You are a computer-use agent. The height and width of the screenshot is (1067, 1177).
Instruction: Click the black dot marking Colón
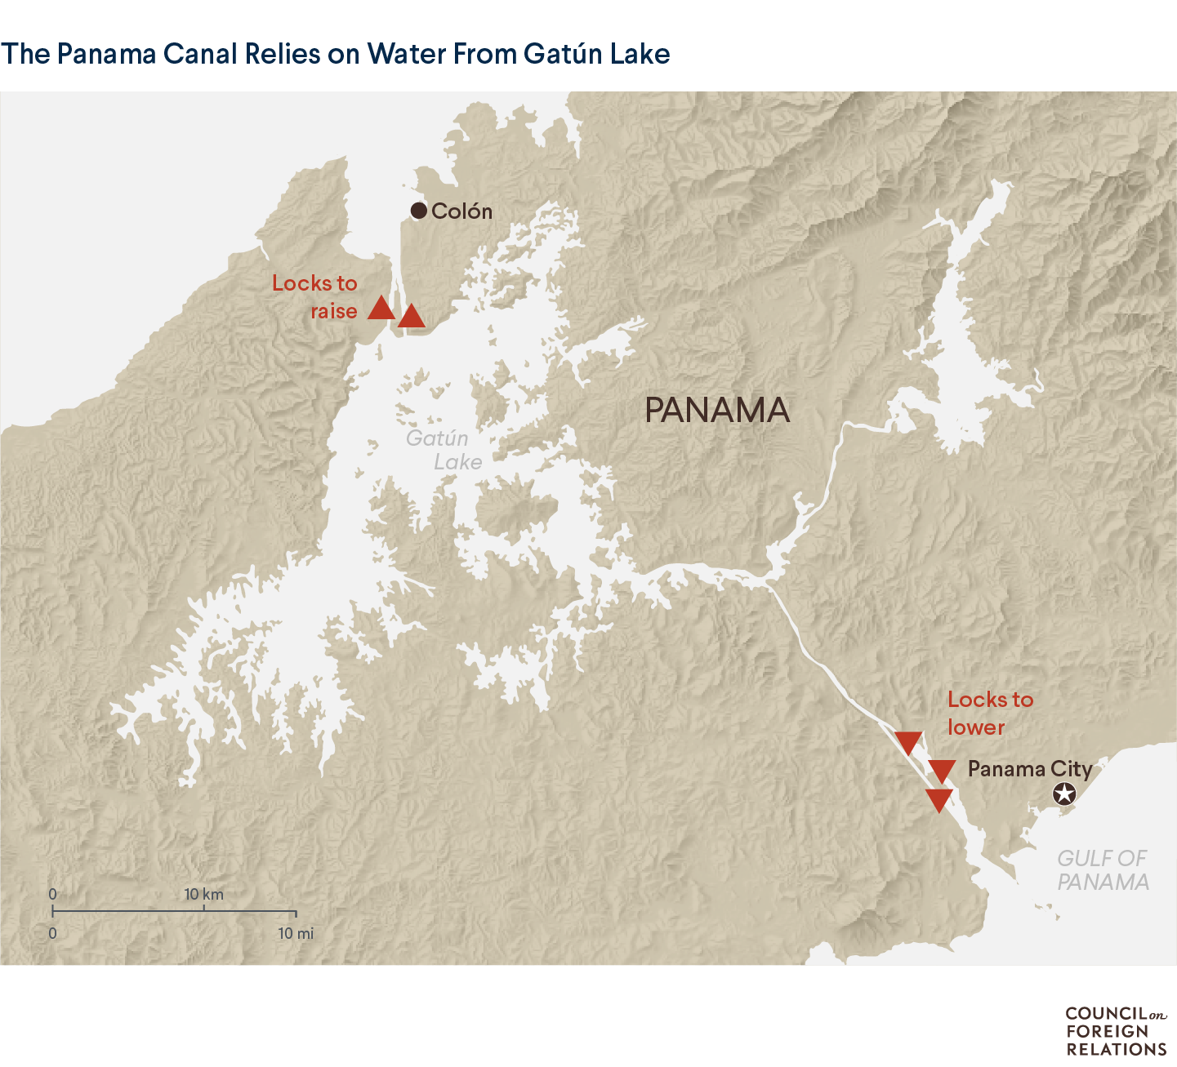[419, 211]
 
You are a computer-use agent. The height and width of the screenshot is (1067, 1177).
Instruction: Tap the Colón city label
[461, 211]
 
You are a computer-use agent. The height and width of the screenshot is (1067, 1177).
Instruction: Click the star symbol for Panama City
[1063, 793]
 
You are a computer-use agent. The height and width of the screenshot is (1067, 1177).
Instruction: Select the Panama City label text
[1029, 769]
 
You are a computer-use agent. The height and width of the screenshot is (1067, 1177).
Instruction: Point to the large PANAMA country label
[717, 410]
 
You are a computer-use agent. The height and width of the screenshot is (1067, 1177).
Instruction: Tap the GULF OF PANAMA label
[1103, 870]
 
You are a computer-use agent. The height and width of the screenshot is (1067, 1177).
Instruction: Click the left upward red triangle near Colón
[381, 309]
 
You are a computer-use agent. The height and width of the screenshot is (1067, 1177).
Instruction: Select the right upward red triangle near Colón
[412, 316]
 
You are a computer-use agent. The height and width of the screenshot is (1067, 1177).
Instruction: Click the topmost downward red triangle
[908, 742]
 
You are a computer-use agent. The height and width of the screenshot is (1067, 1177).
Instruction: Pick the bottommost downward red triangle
[938, 799]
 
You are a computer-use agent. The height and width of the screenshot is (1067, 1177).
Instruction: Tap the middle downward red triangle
[942, 770]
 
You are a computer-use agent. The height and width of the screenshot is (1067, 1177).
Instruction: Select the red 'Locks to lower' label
[990, 714]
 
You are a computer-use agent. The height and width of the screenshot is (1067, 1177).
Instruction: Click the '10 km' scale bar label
[203, 894]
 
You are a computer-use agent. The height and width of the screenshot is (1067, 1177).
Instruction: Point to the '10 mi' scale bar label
[295, 933]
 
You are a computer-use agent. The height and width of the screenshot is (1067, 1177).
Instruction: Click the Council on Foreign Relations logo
[1116, 1030]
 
